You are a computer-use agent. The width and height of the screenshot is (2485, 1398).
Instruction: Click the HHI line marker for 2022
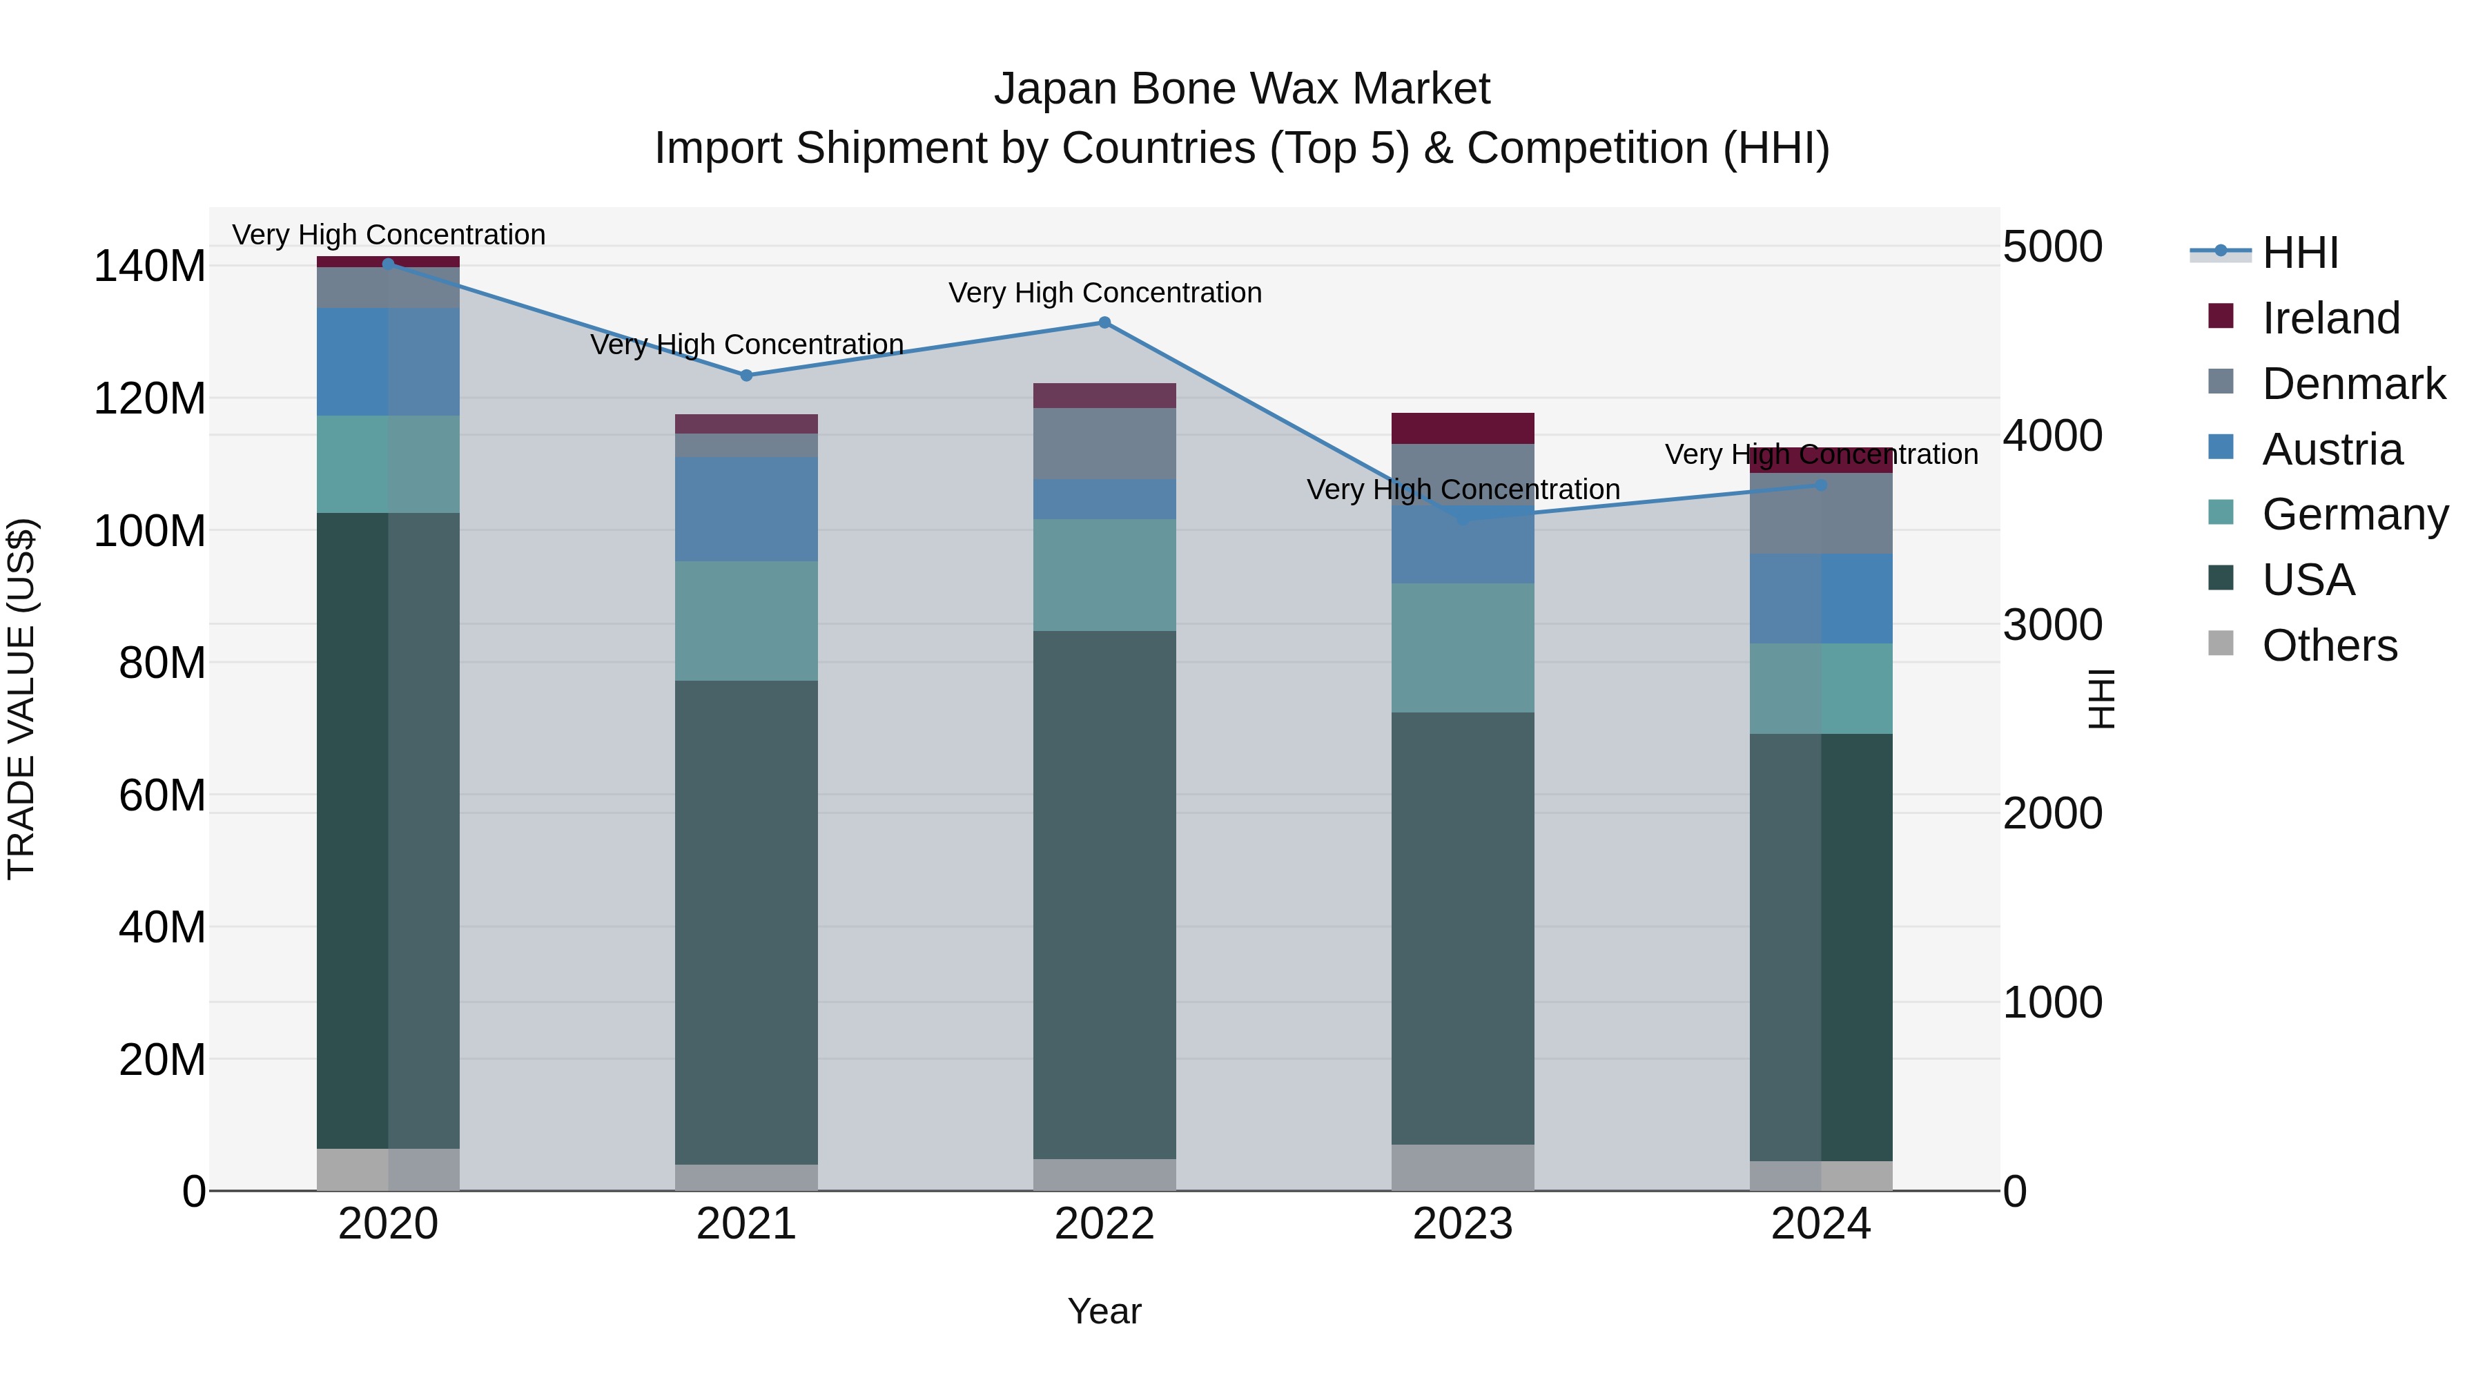(x=1104, y=322)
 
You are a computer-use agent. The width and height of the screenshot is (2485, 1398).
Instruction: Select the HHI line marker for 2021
(x=745, y=376)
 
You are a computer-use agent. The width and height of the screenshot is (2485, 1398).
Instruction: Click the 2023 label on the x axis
(x=1463, y=1224)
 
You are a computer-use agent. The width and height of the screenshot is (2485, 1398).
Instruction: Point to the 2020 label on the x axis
(x=388, y=1224)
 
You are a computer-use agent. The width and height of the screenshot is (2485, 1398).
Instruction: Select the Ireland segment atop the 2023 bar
(x=1463, y=428)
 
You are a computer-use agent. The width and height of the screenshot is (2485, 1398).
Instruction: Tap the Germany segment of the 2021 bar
(x=745, y=621)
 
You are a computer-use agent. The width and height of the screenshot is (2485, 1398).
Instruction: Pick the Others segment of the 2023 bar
(x=1463, y=1167)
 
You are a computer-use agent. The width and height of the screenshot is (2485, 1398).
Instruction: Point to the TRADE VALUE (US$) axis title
(x=21, y=699)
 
